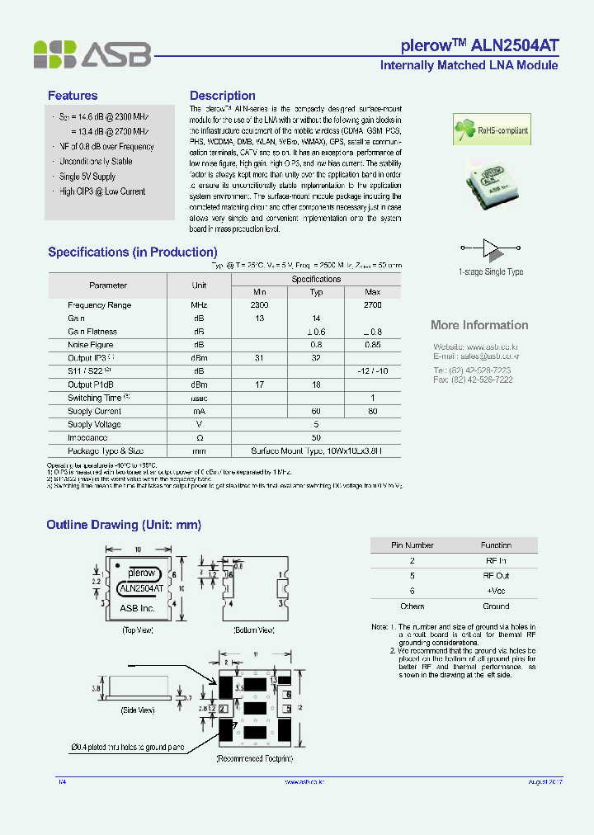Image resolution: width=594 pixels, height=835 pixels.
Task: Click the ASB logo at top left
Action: point(92,54)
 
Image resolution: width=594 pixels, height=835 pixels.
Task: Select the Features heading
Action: point(73,96)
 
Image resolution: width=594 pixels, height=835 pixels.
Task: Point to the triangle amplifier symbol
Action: point(491,247)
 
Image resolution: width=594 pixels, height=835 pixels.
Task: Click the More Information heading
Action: point(479,325)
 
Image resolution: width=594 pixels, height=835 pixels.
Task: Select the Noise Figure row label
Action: point(91,345)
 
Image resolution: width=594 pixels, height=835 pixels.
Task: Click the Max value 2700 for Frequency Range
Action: point(373,305)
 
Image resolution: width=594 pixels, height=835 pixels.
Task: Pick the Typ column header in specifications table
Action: point(316,292)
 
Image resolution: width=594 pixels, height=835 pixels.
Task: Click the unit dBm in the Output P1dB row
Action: point(199,384)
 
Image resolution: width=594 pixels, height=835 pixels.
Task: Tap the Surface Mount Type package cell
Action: point(316,451)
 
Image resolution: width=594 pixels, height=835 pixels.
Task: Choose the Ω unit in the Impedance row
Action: point(199,438)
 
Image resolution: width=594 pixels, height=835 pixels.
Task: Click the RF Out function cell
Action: point(496,576)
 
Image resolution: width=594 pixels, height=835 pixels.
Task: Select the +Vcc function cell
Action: point(496,591)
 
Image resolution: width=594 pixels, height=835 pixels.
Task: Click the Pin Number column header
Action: point(412,545)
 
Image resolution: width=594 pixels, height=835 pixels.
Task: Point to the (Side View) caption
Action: point(139,710)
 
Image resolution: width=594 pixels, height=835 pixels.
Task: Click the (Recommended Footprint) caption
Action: point(254,757)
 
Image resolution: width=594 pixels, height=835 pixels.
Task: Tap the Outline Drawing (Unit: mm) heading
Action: point(124,525)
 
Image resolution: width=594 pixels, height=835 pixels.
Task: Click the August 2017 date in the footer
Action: point(544,781)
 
